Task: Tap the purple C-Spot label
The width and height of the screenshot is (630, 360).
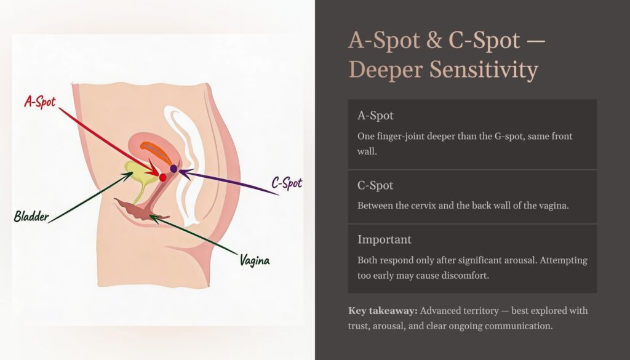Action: pyautogui.click(x=287, y=183)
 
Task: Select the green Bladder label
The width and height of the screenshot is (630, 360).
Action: pyautogui.click(x=31, y=217)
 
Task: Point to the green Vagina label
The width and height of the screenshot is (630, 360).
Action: pyautogui.click(x=254, y=260)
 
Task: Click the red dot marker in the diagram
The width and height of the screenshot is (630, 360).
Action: pyautogui.click(x=162, y=177)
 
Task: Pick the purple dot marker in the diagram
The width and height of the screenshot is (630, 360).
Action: pyautogui.click(x=173, y=168)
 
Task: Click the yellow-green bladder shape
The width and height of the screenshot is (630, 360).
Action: pyautogui.click(x=136, y=175)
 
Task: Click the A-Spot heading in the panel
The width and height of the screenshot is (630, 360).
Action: pyautogui.click(x=375, y=116)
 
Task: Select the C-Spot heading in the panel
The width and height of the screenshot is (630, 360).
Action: pyautogui.click(x=375, y=185)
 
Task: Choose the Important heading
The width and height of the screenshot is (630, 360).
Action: pyautogui.click(x=384, y=239)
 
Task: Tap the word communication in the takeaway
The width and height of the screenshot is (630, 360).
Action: pyautogui.click(x=519, y=325)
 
